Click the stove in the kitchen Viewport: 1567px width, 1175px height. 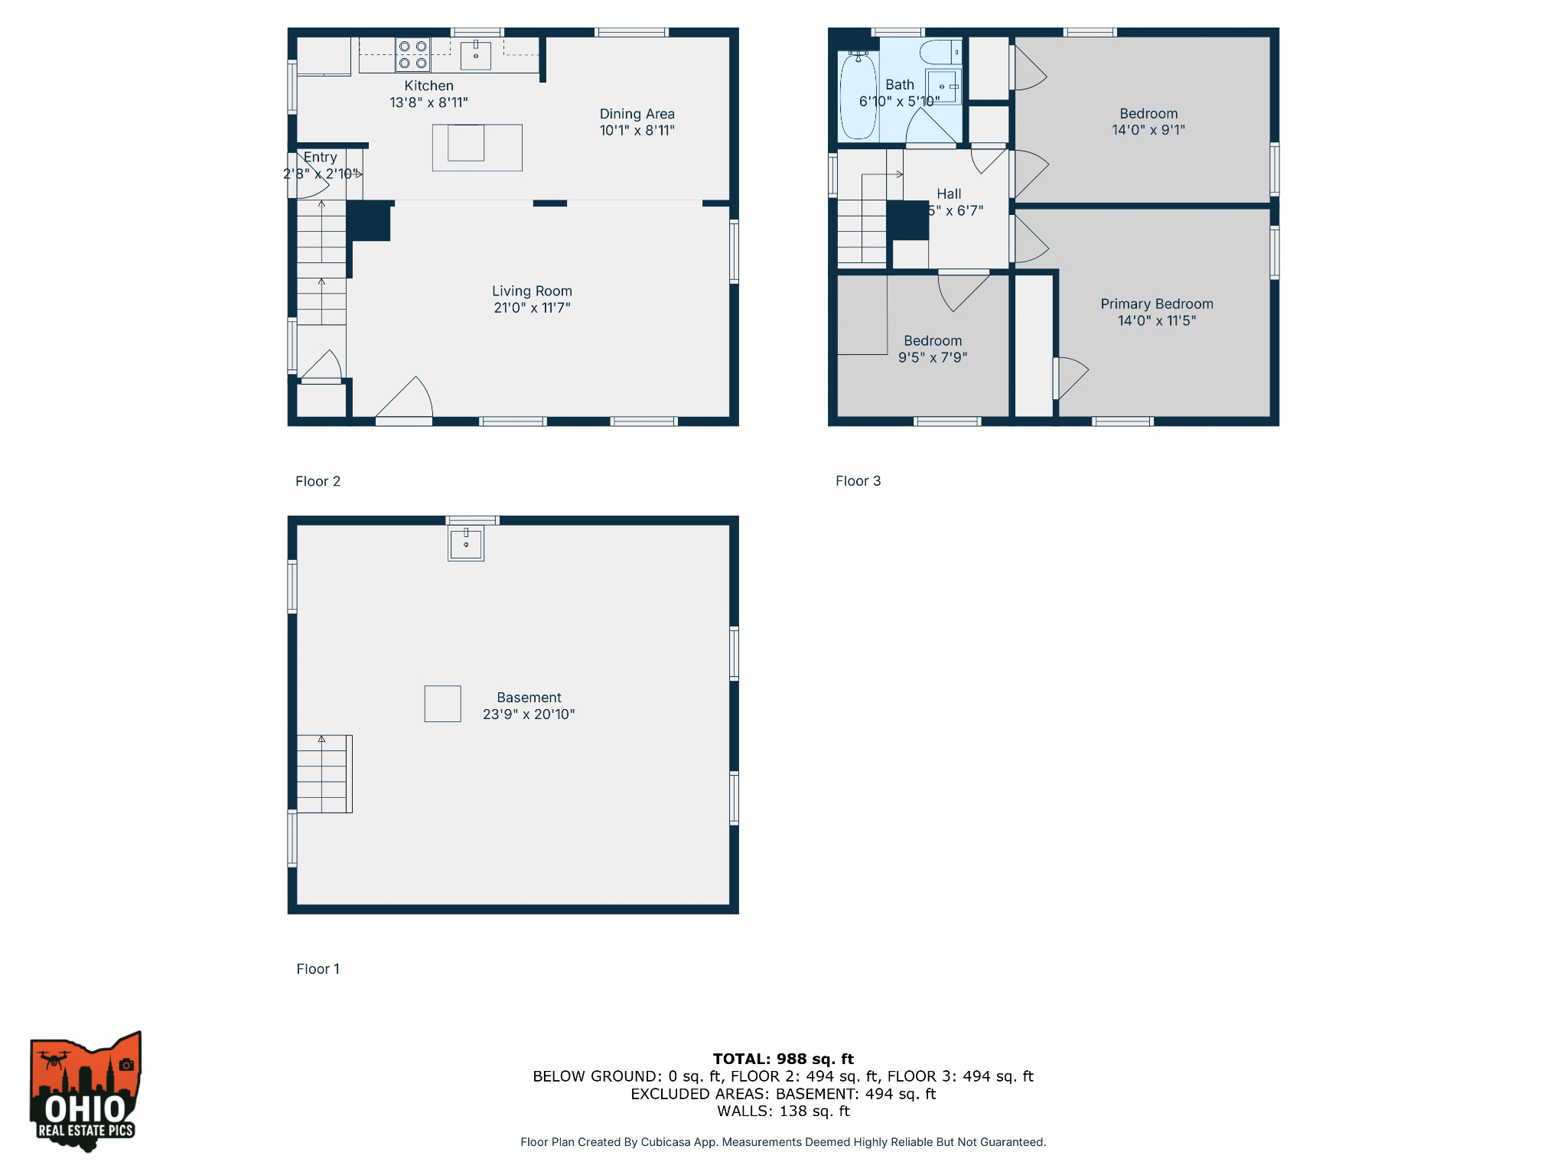pyautogui.click(x=412, y=55)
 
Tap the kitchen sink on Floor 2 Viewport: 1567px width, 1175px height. pyautogui.click(x=475, y=55)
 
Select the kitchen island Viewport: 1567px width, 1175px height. pyautogui.click(x=477, y=147)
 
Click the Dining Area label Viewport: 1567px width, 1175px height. pyautogui.click(x=637, y=114)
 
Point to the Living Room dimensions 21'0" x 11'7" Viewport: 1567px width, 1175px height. pyautogui.click(x=532, y=308)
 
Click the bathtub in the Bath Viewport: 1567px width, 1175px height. pyautogui.click(x=858, y=97)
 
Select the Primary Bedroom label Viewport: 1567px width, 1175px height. pyautogui.click(x=1156, y=304)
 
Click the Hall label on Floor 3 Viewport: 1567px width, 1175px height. pyautogui.click(x=949, y=194)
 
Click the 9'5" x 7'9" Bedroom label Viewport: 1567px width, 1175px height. pyautogui.click(x=932, y=349)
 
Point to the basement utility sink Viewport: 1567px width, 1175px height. pyautogui.click(x=466, y=544)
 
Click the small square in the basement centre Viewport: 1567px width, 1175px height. pyautogui.click(x=442, y=704)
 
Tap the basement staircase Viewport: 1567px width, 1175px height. pyautogui.click(x=324, y=773)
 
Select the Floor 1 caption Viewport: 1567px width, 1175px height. pyautogui.click(x=318, y=968)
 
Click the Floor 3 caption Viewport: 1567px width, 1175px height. pyautogui.click(x=858, y=481)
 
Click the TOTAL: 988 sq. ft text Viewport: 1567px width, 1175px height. pyautogui.click(x=783, y=1059)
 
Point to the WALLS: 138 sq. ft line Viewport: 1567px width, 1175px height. pyautogui.click(x=783, y=1112)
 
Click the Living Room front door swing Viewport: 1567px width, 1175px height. pyautogui.click(x=406, y=399)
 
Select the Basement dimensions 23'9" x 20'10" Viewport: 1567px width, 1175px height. pyautogui.click(x=529, y=714)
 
